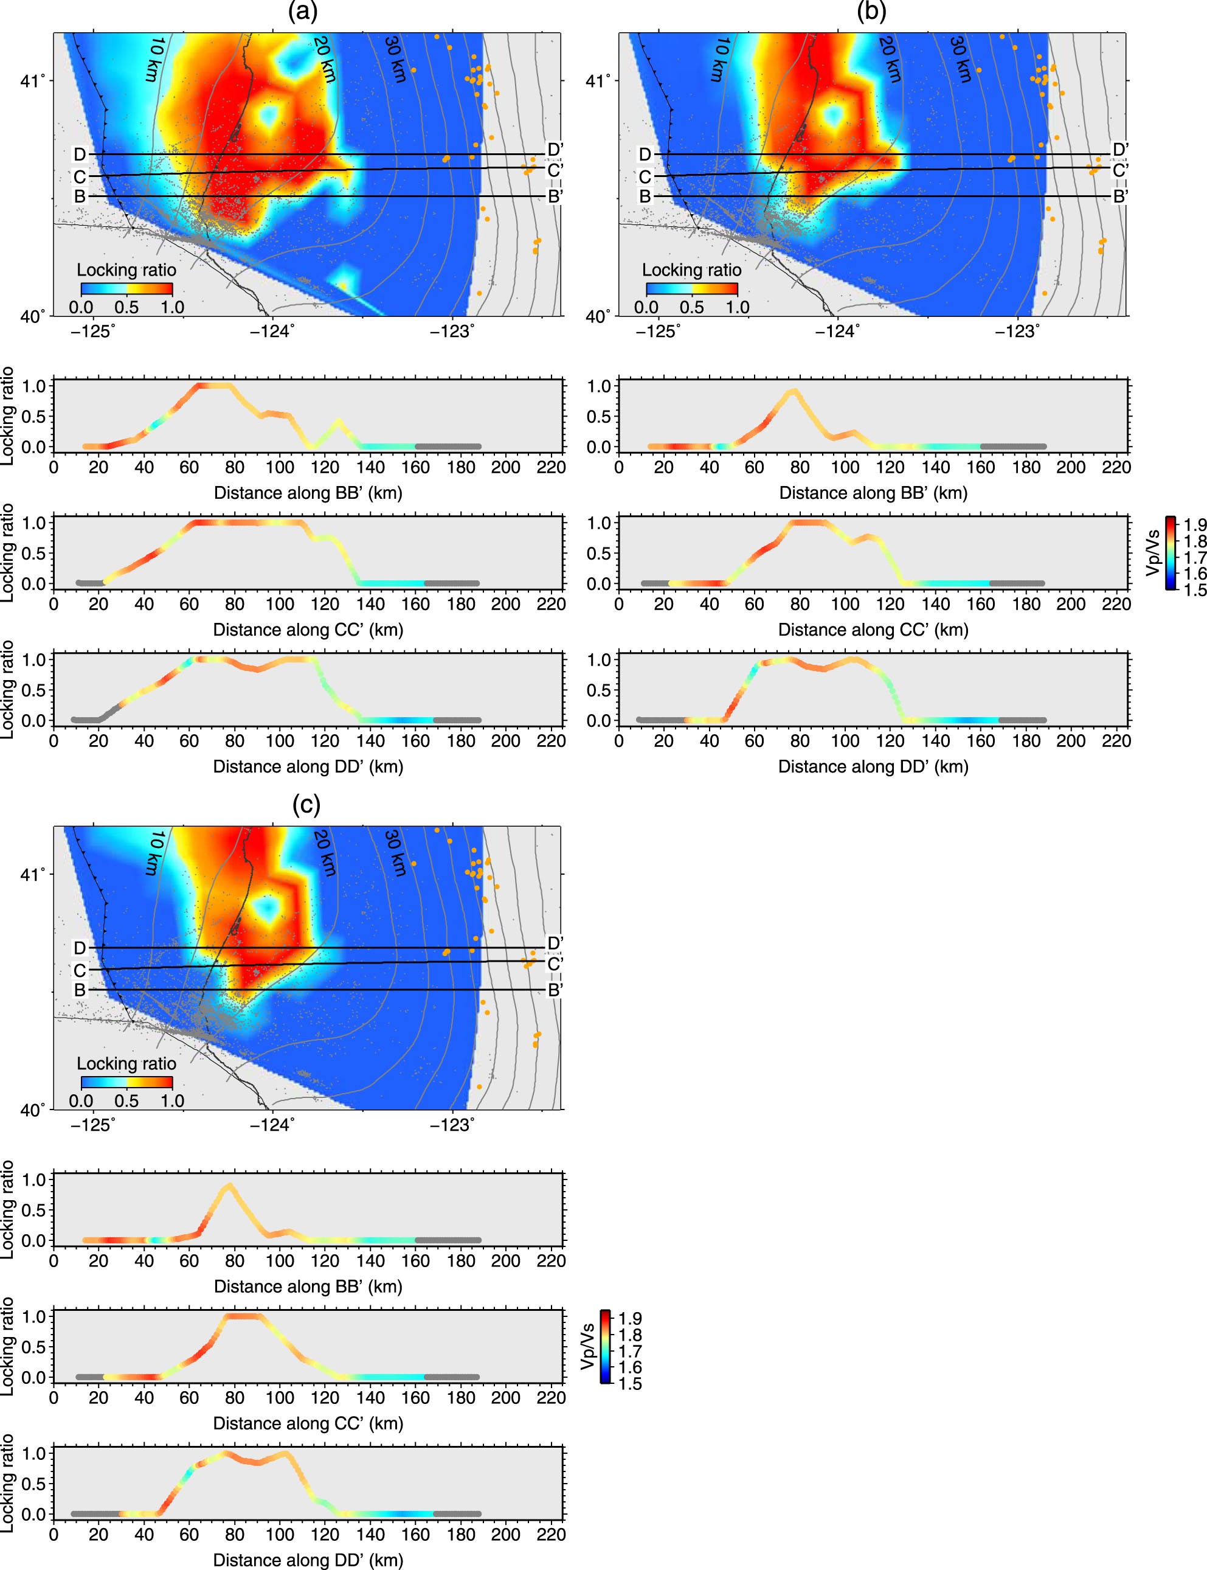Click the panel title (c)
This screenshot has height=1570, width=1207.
click(x=306, y=805)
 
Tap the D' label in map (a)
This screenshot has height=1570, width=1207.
click(x=555, y=150)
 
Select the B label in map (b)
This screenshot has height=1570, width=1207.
click(x=645, y=196)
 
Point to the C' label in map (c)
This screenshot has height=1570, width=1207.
click(x=555, y=964)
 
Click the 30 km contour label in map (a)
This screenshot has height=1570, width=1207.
click(x=395, y=60)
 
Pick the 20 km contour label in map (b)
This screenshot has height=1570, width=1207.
click(x=890, y=60)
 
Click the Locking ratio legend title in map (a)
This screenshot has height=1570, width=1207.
click(x=126, y=270)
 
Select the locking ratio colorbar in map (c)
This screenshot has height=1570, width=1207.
click(x=126, y=1082)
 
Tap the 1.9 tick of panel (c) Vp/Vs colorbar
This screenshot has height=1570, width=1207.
click(x=631, y=1319)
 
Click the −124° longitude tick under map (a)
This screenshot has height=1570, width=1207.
click(x=272, y=332)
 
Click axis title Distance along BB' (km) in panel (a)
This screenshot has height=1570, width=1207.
click(x=308, y=493)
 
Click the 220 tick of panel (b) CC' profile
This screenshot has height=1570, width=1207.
click(x=1116, y=604)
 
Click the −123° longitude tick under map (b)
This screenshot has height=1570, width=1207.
click(x=1018, y=332)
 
